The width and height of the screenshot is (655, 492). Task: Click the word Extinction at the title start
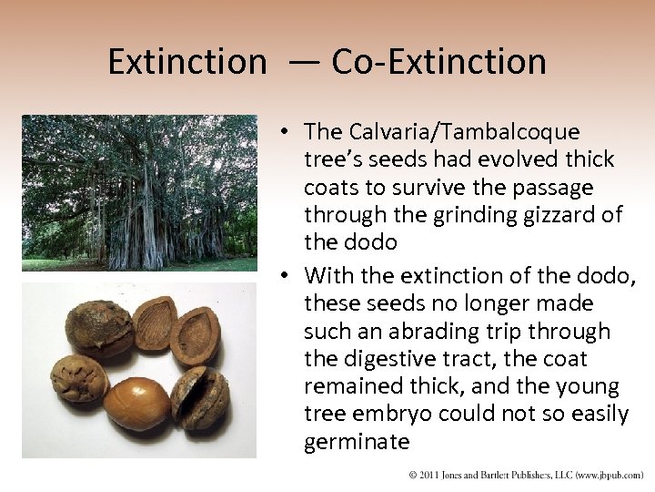click(186, 62)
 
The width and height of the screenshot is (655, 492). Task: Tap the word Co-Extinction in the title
click(439, 62)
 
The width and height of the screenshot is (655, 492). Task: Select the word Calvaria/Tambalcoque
click(442, 132)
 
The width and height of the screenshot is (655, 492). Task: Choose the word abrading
click(418, 332)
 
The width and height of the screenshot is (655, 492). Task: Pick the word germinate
click(357, 444)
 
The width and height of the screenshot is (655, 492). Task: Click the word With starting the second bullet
click(330, 275)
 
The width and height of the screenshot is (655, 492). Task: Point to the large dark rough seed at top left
click(98, 328)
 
